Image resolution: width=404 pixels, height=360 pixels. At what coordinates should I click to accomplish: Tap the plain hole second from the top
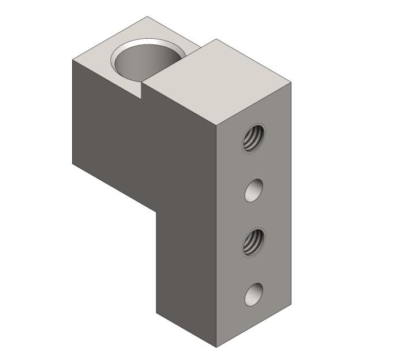[x=253, y=190]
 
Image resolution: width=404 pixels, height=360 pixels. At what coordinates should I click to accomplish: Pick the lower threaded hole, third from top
[x=252, y=242]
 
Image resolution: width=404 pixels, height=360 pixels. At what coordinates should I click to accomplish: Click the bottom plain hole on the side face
[x=253, y=294]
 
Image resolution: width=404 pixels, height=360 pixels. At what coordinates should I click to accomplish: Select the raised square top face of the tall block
[x=216, y=81]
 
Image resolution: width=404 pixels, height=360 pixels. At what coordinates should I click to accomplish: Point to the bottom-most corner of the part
[x=216, y=347]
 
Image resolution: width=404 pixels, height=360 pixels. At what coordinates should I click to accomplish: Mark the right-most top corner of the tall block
[x=291, y=83]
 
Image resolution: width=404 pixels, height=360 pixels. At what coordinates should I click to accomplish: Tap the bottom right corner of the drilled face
[x=291, y=305]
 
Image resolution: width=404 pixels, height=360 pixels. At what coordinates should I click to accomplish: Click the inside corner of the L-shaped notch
[x=156, y=211]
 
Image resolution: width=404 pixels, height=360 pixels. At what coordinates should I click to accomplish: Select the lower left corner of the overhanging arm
[x=73, y=164]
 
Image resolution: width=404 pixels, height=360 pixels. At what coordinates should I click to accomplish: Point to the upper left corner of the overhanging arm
[x=73, y=60]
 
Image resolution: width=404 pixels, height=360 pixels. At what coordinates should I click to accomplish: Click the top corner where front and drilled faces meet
[x=216, y=125]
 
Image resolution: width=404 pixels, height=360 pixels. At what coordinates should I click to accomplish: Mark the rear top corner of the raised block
[x=216, y=39]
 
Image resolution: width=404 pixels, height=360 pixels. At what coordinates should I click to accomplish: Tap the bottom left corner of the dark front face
[x=156, y=313]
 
